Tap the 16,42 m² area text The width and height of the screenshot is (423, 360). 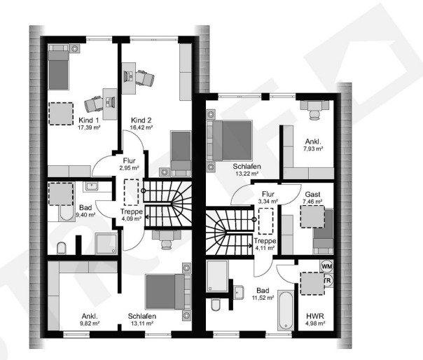point(139,128)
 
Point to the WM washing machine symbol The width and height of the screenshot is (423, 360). point(326,266)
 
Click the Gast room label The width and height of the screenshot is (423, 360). point(312,193)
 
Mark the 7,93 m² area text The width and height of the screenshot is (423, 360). point(313,148)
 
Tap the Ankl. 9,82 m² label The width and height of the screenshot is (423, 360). point(90,319)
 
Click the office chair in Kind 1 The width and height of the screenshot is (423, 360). point(94,103)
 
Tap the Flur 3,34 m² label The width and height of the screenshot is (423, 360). point(266,197)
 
